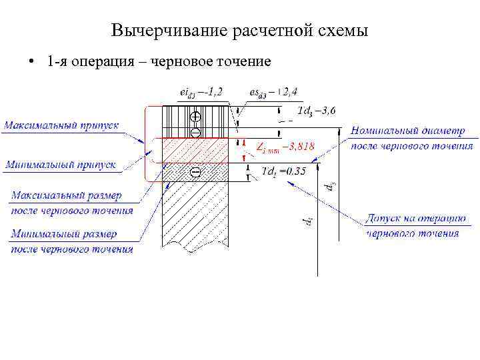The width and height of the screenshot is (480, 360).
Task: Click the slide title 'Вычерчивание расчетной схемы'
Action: pyautogui.click(x=239, y=31)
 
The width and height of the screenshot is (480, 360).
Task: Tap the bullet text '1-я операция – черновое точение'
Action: pyautogui.click(x=159, y=62)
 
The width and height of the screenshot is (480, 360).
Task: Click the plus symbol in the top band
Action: pyautogui.click(x=196, y=117)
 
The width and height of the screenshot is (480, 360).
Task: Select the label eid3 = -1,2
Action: pyautogui.click(x=201, y=92)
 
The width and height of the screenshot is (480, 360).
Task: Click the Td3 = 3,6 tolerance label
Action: pyautogui.click(x=316, y=110)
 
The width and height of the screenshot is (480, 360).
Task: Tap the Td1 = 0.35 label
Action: pyautogui.click(x=284, y=171)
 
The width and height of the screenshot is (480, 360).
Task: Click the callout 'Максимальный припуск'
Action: pyautogui.click(x=62, y=125)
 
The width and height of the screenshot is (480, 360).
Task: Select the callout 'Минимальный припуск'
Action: pyautogui.click(x=61, y=165)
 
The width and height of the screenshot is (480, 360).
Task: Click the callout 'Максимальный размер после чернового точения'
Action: pyautogui.click(x=71, y=203)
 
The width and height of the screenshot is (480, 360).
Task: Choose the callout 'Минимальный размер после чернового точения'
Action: pyautogui.click(x=71, y=241)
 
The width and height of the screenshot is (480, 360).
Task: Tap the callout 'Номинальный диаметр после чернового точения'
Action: pyautogui.click(x=412, y=139)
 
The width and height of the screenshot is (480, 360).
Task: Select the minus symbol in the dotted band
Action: pyautogui.click(x=196, y=173)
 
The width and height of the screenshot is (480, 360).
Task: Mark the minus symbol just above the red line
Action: pyautogui.click(x=196, y=132)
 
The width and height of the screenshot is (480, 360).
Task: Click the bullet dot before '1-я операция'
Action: pyautogui.click(x=31, y=62)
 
